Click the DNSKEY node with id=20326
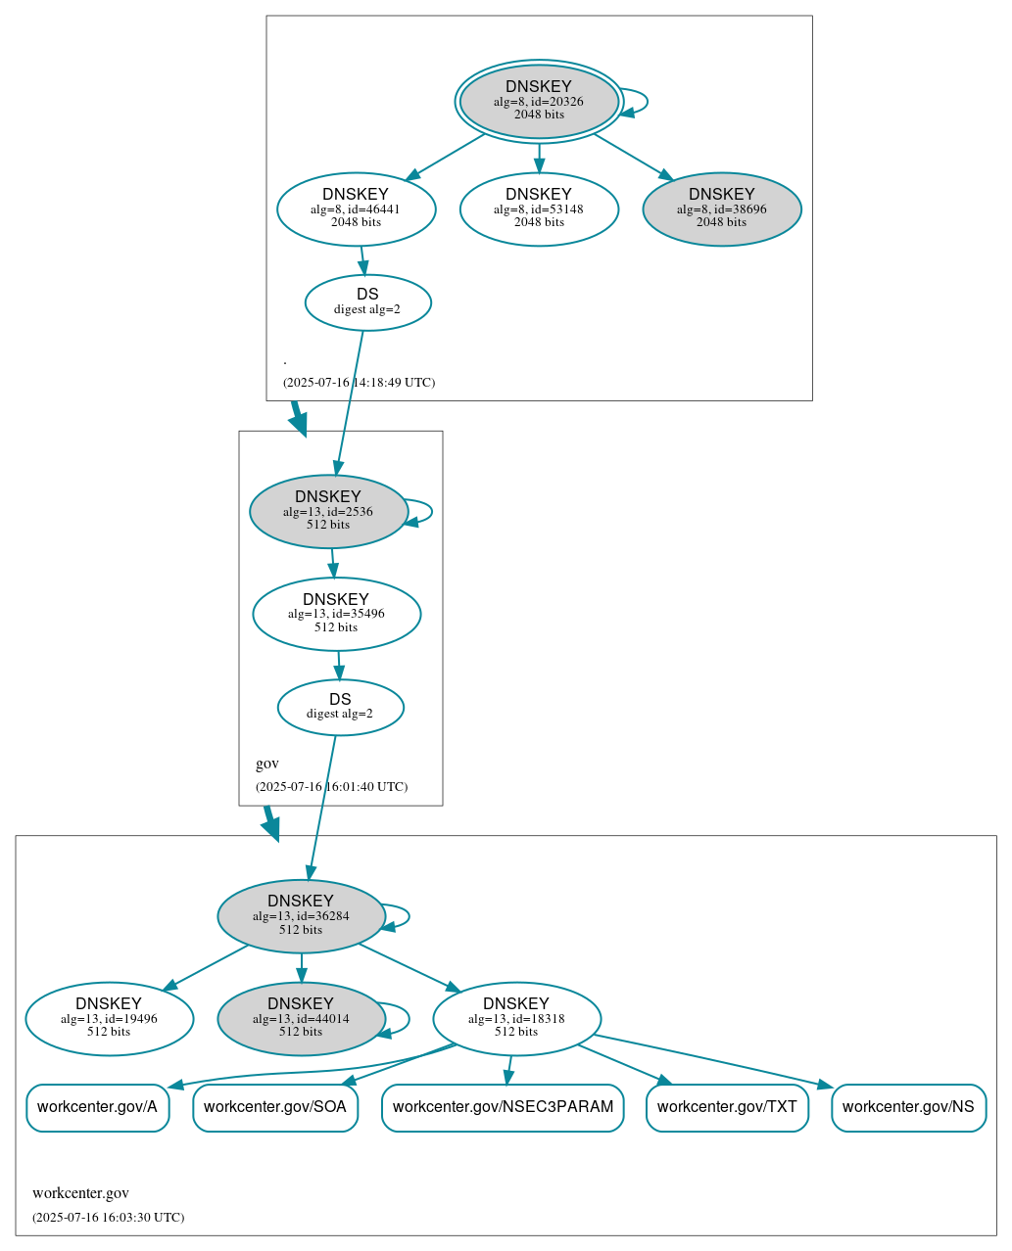539,101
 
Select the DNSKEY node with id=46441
356,208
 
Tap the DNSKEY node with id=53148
539,208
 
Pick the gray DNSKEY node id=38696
721,208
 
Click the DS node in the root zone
367,301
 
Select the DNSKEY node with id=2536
328,511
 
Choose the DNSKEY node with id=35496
336,614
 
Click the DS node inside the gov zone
340,707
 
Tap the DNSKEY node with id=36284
301,915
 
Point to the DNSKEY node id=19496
109,1018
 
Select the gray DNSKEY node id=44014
301,1018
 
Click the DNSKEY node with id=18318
516,1018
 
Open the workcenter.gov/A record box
97,1107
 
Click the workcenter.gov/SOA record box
275,1107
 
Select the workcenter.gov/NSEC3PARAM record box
503,1107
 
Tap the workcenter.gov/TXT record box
727,1107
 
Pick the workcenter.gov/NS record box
908,1107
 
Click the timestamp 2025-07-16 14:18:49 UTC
359,383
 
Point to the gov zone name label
267,764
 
